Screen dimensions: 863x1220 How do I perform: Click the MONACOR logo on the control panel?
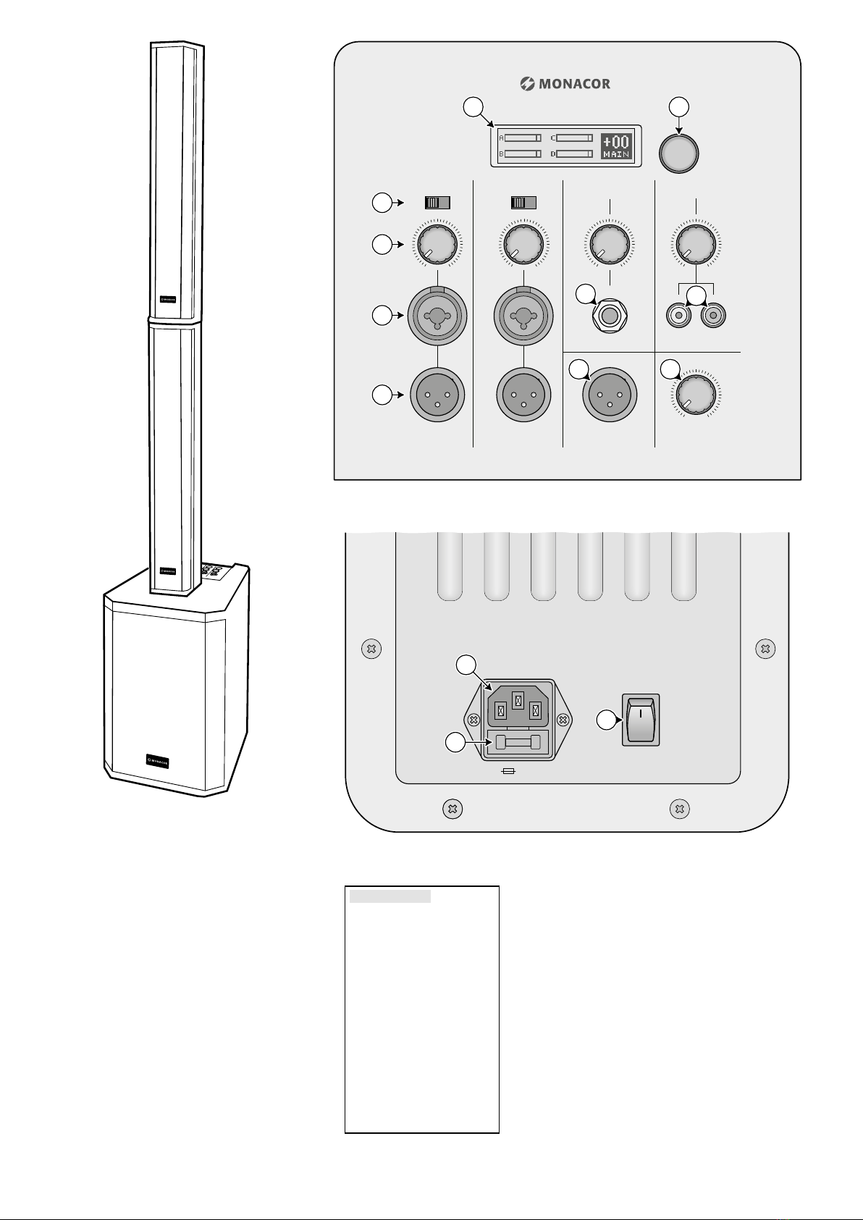pyautogui.click(x=565, y=84)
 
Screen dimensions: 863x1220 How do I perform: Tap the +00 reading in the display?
pyautogui.click(x=616, y=142)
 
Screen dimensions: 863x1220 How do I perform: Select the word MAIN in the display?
pyautogui.click(x=616, y=155)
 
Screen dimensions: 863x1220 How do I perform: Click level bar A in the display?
pyautogui.click(x=523, y=138)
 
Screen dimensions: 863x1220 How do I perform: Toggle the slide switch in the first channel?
pyautogui.click(x=437, y=203)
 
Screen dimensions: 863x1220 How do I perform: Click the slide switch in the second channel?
pyautogui.click(x=523, y=203)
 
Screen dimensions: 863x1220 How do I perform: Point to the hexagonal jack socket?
pyautogui.click(x=610, y=316)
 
